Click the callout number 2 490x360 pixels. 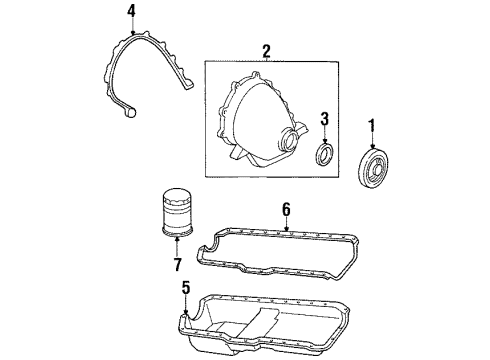266,50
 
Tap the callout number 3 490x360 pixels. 324,120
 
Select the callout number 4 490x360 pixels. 132,11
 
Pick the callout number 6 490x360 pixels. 286,209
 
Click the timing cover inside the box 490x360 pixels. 256,124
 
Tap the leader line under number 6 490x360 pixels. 286,223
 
